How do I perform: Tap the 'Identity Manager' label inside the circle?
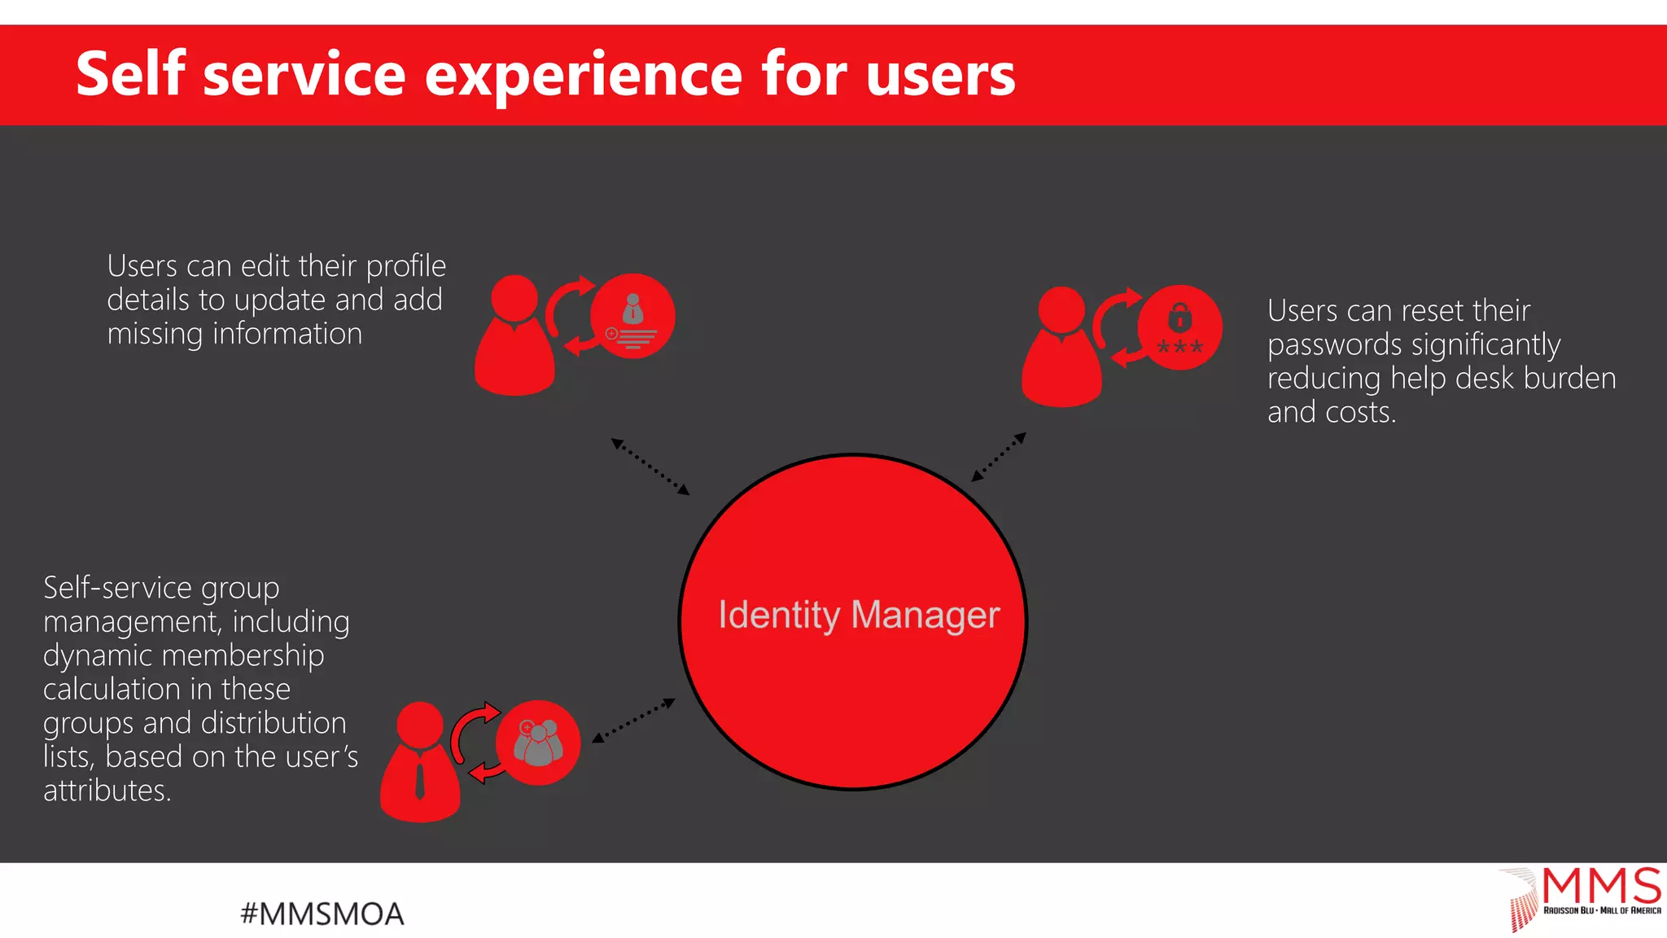[x=859, y=615]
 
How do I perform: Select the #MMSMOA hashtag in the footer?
[x=322, y=914]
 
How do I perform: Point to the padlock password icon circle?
[x=1179, y=327]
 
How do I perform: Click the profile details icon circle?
[x=632, y=316]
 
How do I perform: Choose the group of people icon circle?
[x=538, y=743]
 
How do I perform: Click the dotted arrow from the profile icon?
[x=650, y=467]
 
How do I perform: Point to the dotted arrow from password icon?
[x=999, y=457]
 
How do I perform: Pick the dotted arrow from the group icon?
[x=633, y=721]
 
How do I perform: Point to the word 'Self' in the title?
[x=130, y=75]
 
